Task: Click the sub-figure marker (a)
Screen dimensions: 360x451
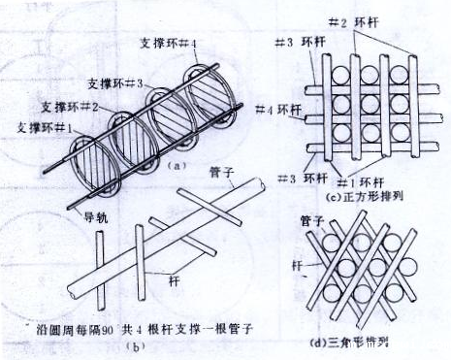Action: (x=176, y=166)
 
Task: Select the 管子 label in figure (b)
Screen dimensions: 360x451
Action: (x=218, y=172)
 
